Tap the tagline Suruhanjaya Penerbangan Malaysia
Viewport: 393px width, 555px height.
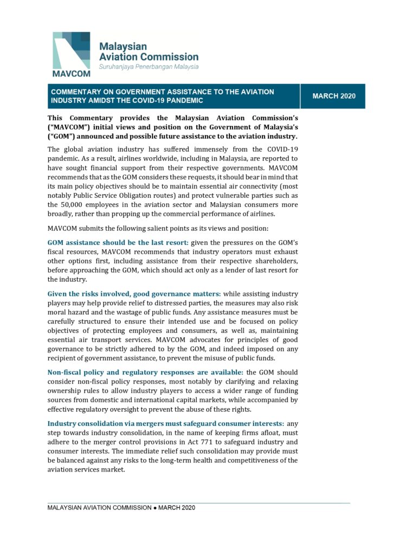click(148, 67)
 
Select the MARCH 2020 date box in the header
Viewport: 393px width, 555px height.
click(334, 96)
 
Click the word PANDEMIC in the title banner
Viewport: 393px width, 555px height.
click(183, 101)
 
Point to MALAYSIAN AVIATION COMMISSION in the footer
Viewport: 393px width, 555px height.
click(99, 508)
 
